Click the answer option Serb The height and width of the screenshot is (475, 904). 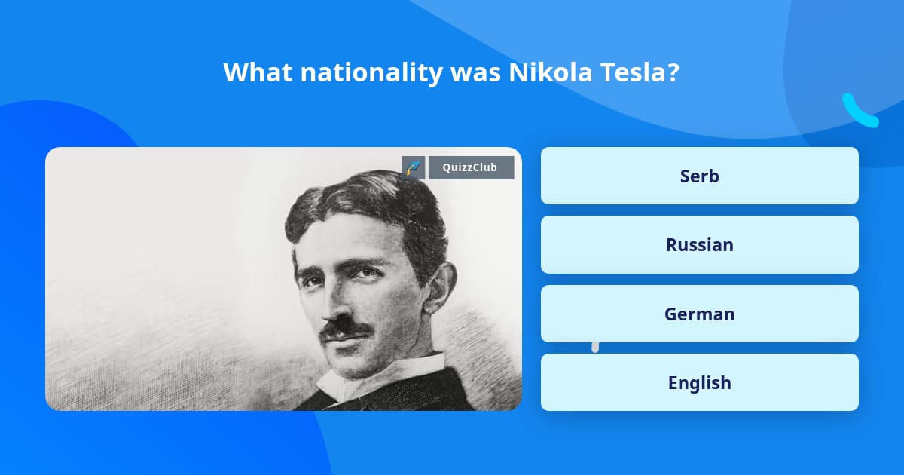(x=699, y=176)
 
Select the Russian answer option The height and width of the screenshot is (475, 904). (x=699, y=244)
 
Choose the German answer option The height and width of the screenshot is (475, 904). (x=699, y=314)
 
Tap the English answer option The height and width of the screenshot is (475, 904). (x=699, y=382)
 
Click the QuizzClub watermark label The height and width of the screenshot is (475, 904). (x=471, y=167)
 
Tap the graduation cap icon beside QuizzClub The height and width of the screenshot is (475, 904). (x=414, y=167)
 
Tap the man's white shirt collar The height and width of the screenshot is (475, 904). (x=377, y=377)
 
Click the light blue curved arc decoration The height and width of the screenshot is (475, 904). (x=859, y=112)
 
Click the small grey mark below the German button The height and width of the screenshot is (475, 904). (x=595, y=346)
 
